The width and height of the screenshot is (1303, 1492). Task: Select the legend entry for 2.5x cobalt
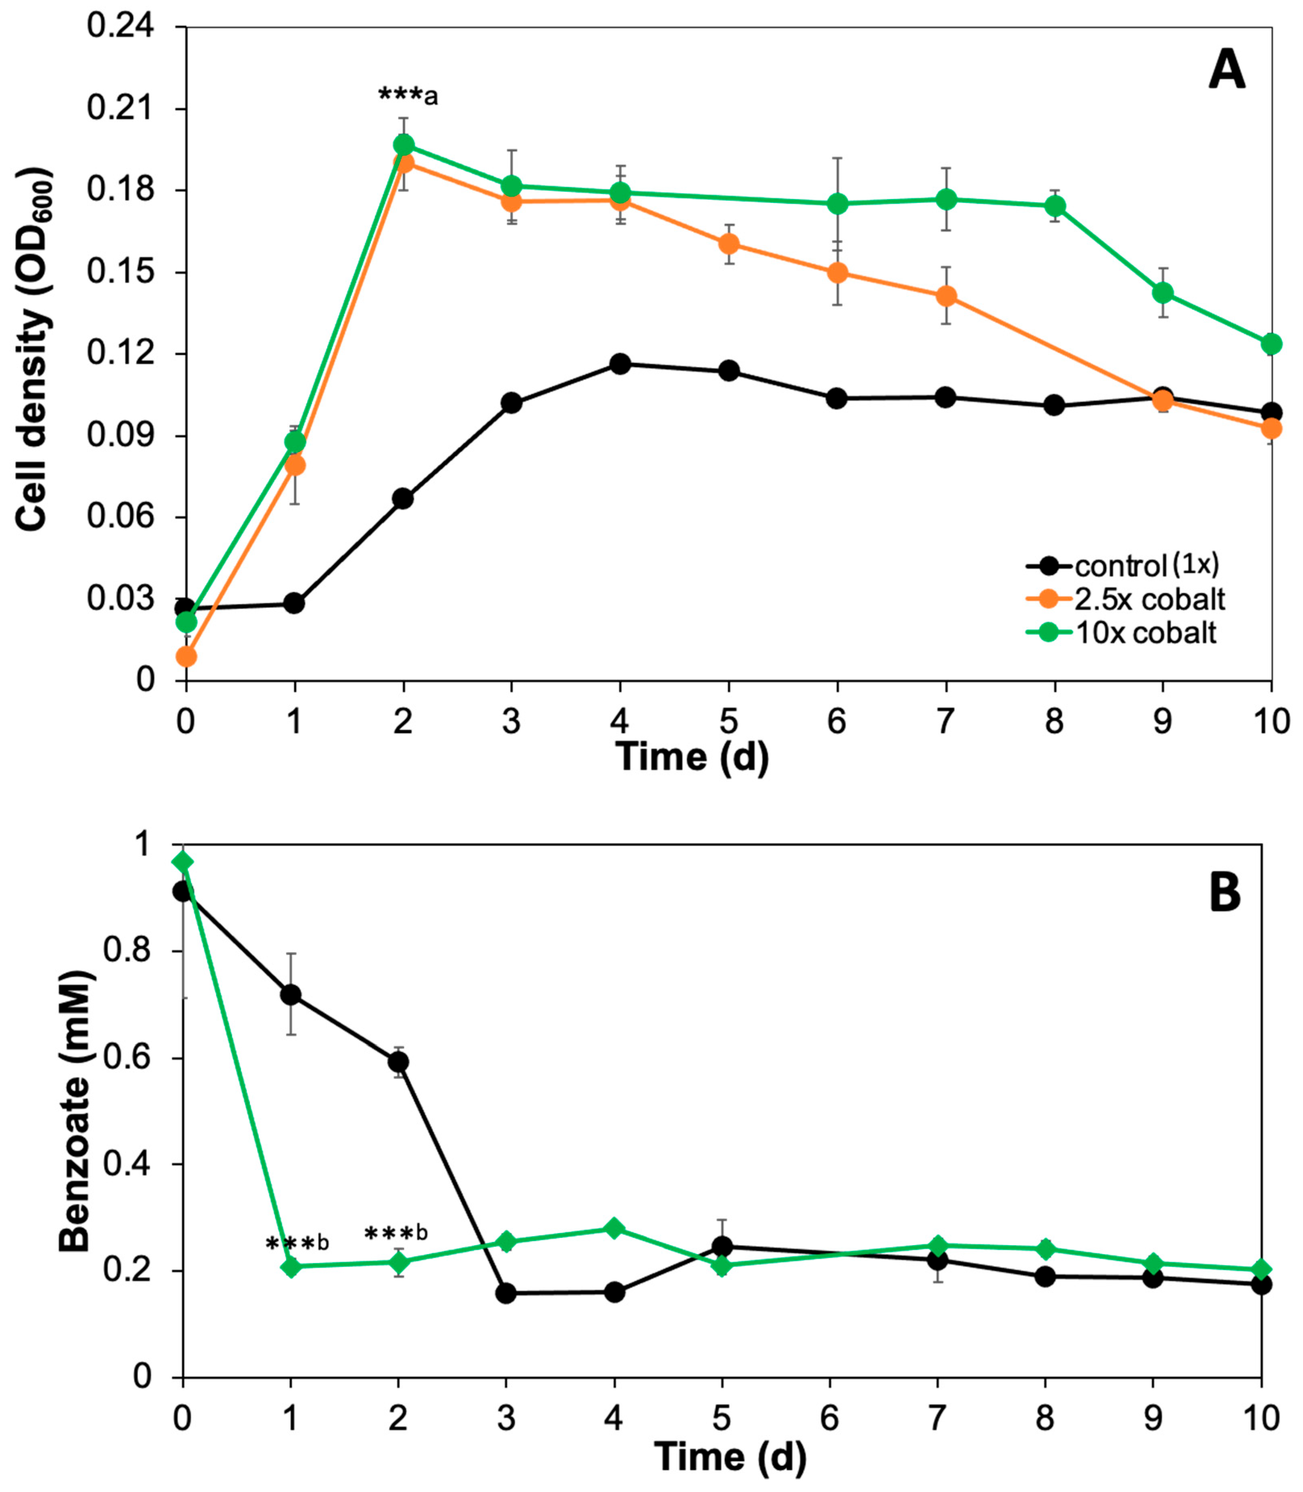click(1126, 599)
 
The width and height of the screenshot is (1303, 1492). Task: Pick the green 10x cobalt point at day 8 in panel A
click(1054, 206)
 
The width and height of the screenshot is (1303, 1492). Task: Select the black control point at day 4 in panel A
click(620, 364)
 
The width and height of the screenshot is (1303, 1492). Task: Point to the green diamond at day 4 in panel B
click(614, 1228)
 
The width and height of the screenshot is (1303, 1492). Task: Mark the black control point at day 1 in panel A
click(294, 603)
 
